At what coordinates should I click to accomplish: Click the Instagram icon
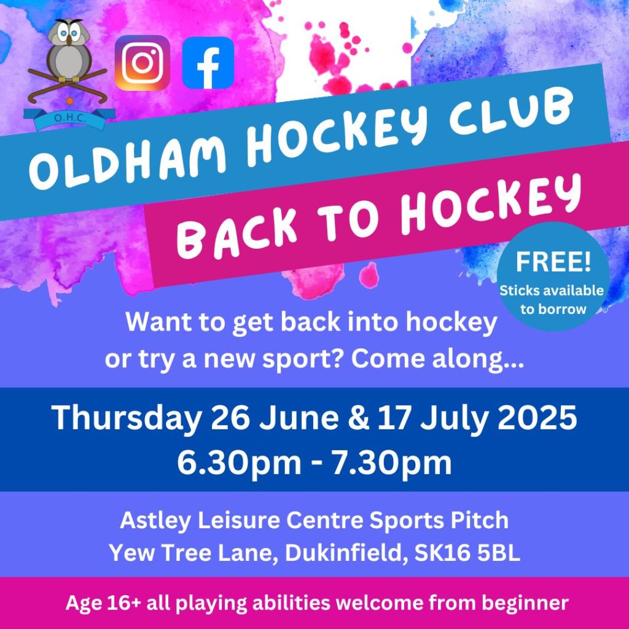pyautogui.click(x=143, y=63)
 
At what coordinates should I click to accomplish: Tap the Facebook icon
pyautogui.click(x=208, y=63)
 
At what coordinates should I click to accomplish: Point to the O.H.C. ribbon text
pyautogui.click(x=70, y=119)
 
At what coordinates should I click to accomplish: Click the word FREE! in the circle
pyautogui.click(x=553, y=262)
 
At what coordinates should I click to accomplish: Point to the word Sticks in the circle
pyautogui.click(x=519, y=291)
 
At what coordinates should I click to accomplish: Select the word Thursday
pyautogui.click(x=126, y=418)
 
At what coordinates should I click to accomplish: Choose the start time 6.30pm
pyautogui.click(x=239, y=463)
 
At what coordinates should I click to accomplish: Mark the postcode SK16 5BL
pyautogui.click(x=467, y=553)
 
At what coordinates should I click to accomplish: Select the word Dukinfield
pyautogui.click(x=343, y=553)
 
